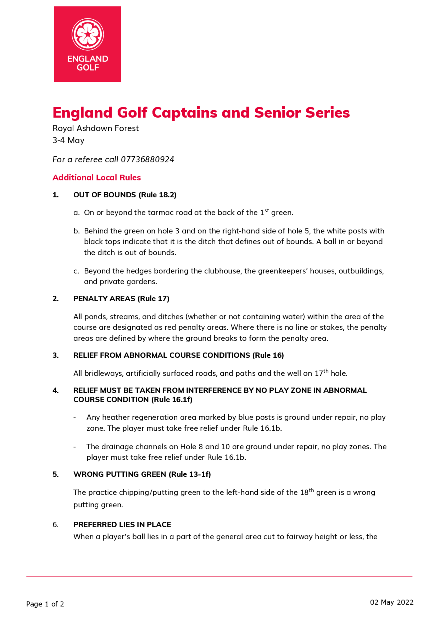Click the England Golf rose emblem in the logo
coord(88,34)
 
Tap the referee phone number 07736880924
coord(147,159)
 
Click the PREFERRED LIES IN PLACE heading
coord(122,525)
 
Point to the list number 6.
coord(55,525)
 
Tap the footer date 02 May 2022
coord(392,602)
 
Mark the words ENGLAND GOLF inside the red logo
coord(88,63)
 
